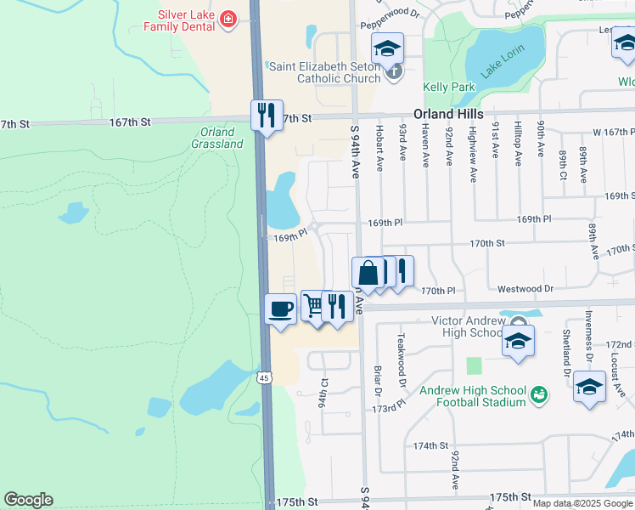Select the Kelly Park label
point(445,87)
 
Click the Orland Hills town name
point(448,114)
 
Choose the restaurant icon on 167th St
point(267,115)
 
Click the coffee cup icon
point(280,309)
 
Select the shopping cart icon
point(314,305)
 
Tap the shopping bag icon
point(368,273)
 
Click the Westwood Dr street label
point(525,289)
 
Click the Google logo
point(28,500)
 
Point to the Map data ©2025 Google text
point(582,503)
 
